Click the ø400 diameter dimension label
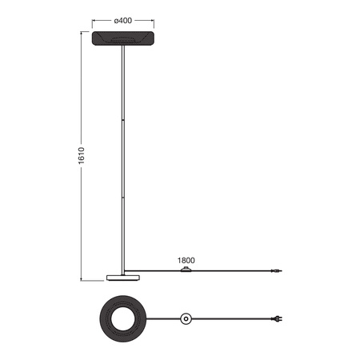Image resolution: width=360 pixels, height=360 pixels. click(122, 20)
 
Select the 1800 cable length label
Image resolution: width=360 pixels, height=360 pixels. click(186, 261)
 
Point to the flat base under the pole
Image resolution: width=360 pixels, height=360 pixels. click(123, 277)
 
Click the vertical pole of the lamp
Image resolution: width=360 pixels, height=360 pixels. click(123, 160)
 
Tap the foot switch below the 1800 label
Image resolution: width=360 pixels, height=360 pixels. click(189, 270)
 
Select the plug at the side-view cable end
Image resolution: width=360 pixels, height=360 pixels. click(276, 272)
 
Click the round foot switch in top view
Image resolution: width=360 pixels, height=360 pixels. click(186, 319)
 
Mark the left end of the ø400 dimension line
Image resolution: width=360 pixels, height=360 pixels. click(92, 20)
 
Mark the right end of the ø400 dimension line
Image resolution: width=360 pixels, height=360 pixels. click(154, 20)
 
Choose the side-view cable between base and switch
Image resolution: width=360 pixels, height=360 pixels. click(156, 270)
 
